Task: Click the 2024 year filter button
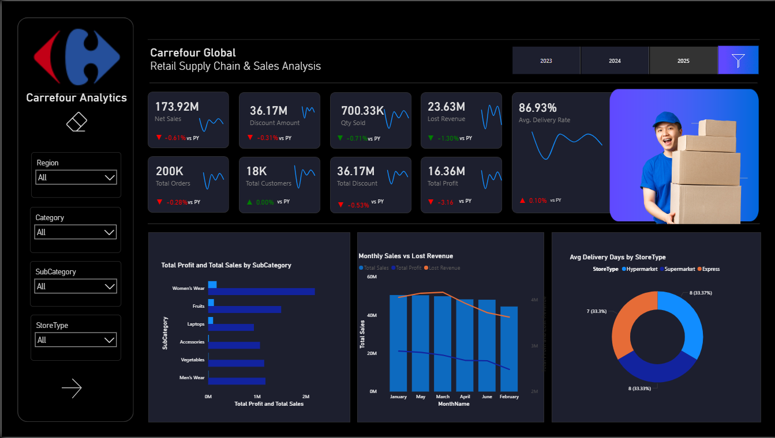pos(615,61)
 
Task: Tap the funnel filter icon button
pos(738,60)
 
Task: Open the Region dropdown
pos(76,178)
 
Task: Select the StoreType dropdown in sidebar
pos(76,340)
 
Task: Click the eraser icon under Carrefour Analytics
pos(76,122)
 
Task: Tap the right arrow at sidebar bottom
pos(72,388)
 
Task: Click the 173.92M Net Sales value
pos(177,107)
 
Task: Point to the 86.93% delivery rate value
pos(537,108)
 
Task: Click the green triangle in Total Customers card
pos(249,202)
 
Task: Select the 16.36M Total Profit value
pos(446,171)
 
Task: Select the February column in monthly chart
pos(508,349)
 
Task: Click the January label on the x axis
pos(398,397)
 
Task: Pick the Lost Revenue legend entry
pos(443,268)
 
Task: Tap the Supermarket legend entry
pos(677,269)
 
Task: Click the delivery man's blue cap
pos(667,119)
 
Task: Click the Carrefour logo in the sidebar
pos(77,58)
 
